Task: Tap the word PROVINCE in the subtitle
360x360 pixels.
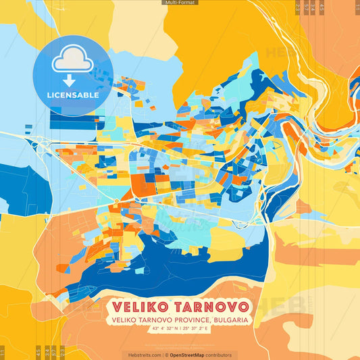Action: [188, 319]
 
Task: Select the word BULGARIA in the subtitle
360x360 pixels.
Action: [230, 319]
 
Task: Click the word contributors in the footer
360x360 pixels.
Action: [220, 355]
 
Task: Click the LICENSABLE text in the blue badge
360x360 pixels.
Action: [73, 95]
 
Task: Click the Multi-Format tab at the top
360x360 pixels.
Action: [180, 3]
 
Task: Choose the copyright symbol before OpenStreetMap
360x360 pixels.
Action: [166, 355]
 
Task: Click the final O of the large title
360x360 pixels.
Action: [243, 306]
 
